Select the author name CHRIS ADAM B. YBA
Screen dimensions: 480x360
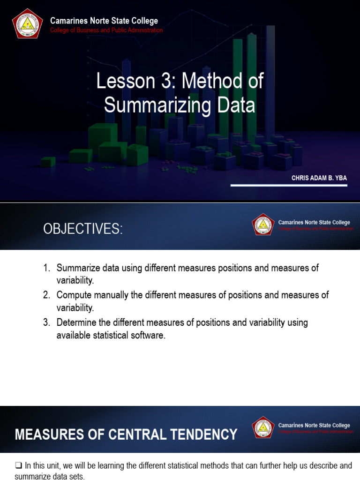click(319, 178)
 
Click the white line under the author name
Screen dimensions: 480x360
click(288, 186)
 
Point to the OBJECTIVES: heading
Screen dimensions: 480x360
click(83, 229)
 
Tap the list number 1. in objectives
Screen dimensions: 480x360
click(46, 268)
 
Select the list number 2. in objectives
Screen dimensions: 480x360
click(46, 295)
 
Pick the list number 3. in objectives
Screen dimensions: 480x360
click(46, 322)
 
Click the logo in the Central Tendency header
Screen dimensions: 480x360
click(263, 427)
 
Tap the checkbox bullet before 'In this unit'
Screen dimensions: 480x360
click(18, 465)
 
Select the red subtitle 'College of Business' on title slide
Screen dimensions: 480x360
click(106, 30)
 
